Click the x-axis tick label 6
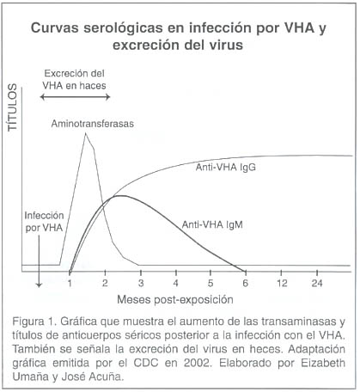tap(246, 283)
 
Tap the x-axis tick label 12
tap(282, 283)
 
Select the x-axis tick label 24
tap(317, 283)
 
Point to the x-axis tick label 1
tap(70, 283)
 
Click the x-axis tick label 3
tap(141, 283)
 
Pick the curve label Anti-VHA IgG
tap(226, 168)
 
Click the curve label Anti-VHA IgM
tap(212, 224)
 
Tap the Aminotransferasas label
tap(93, 124)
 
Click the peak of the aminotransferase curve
tap(85, 133)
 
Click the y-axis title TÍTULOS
tap(13, 107)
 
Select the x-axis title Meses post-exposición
tap(175, 300)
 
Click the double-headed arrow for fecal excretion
tap(75, 97)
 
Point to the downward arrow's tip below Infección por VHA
tap(39, 286)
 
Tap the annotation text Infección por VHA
tap(44, 222)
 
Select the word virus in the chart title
tap(225, 45)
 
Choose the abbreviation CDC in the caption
tap(146, 363)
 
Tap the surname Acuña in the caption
tap(106, 377)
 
